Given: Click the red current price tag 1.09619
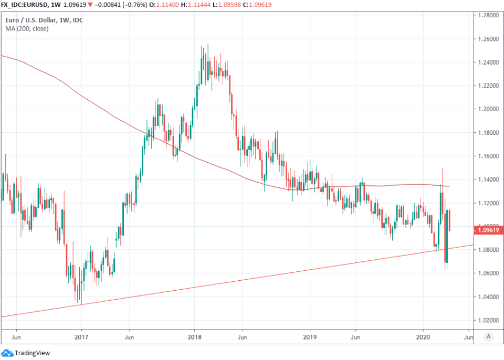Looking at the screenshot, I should click(488, 229).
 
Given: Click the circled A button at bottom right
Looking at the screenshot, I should click(488, 336).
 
